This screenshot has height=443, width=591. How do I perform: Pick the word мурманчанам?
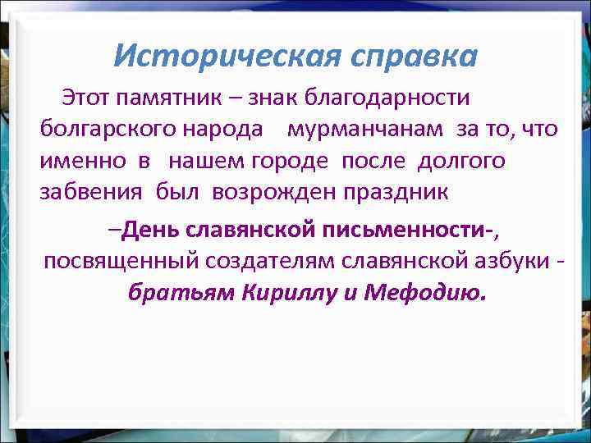point(369,130)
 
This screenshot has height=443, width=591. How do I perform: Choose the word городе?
point(291,161)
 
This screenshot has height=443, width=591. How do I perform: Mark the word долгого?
point(461,161)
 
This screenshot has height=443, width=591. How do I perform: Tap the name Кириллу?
point(286,293)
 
